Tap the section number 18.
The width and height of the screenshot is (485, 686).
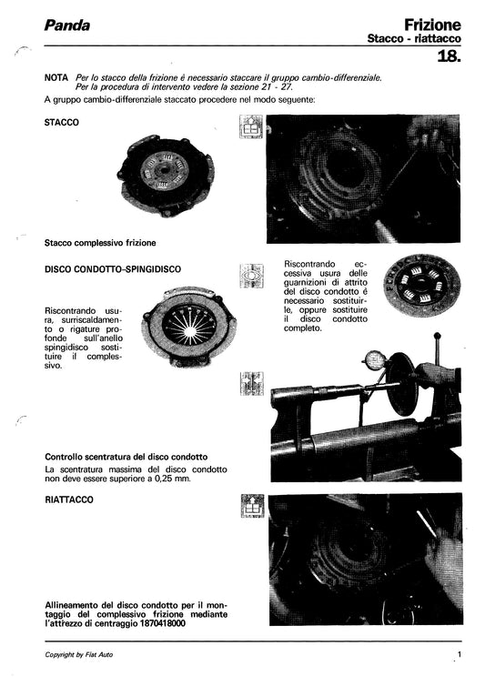coord(450,57)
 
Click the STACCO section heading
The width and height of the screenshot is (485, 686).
coord(61,121)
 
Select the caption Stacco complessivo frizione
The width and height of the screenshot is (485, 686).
coord(100,243)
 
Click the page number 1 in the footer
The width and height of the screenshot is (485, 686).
coord(460,654)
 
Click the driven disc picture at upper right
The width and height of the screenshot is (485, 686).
coord(421,292)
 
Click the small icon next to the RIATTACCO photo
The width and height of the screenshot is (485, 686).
coord(252,508)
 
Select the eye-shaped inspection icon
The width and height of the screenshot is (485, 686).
coord(252,277)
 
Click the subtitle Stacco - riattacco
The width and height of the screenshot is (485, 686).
coord(413,40)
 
